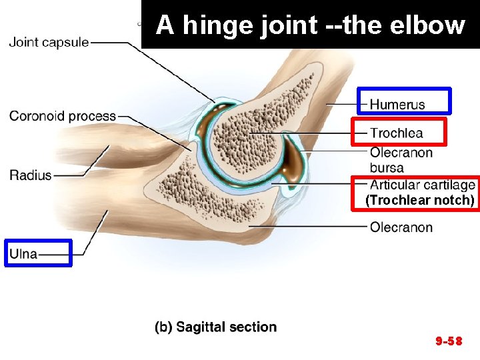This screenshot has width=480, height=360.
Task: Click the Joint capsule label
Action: (x=49, y=43)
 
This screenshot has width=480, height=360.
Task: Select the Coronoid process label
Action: (x=63, y=117)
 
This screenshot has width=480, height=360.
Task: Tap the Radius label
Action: (x=30, y=175)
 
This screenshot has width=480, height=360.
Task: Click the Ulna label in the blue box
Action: (x=23, y=253)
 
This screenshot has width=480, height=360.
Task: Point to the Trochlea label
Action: (x=396, y=133)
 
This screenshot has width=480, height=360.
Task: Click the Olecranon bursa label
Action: (x=401, y=160)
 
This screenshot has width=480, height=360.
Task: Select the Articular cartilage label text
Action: (x=422, y=185)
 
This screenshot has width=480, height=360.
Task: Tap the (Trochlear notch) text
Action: (x=420, y=200)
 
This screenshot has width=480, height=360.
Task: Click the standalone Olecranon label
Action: (x=401, y=227)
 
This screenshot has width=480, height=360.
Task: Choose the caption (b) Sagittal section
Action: (x=215, y=327)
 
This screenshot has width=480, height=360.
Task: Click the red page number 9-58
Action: (x=449, y=341)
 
